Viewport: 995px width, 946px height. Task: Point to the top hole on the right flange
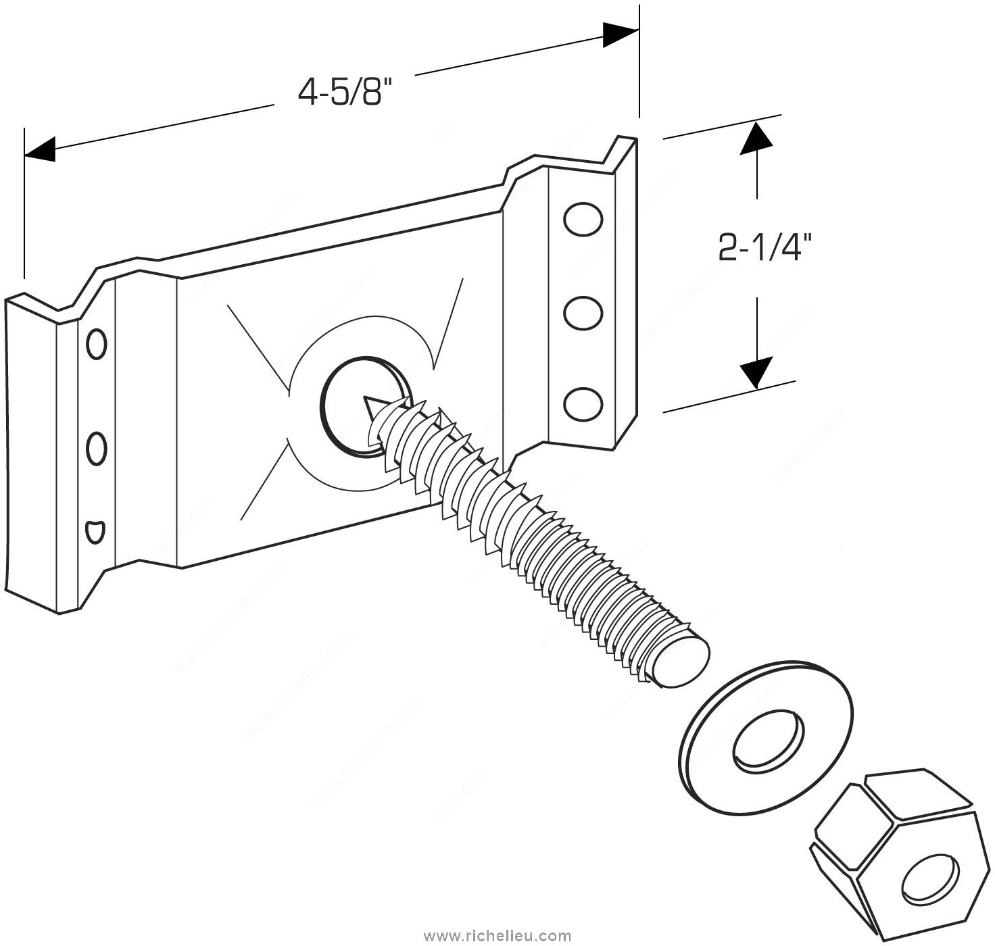coord(583,219)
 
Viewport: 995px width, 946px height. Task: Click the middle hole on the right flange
coord(583,313)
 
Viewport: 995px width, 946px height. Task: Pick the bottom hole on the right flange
coord(583,404)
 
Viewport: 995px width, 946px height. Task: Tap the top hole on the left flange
coord(97,343)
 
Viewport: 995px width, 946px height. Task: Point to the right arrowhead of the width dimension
coord(621,35)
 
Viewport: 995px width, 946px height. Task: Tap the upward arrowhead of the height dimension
coord(755,139)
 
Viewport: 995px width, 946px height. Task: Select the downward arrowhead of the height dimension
coord(755,371)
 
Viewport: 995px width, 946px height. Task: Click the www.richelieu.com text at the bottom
coord(497,936)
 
